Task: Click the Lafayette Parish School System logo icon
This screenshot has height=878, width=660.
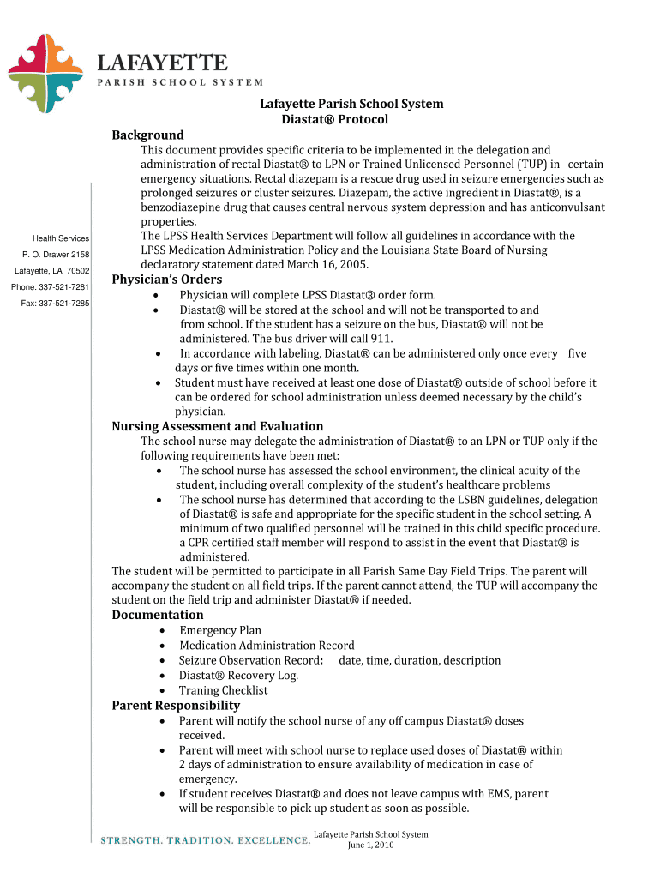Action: [x=45, y=75]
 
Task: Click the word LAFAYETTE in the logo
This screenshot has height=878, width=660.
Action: [x=161, y=63]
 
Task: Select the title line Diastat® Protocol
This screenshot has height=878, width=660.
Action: [x=335, y=119]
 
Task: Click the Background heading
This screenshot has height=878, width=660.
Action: [x=147, y=135]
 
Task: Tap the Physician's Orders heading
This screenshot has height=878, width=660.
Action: [x=166, y=280]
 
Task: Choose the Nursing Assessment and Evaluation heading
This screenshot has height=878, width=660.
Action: [x=218, y=426]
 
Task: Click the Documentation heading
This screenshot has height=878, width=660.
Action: [x=158, y=615]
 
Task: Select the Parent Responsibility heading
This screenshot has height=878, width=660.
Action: [x=176, y=705]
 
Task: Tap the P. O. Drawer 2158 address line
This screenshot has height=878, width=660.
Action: [x=56, y=254]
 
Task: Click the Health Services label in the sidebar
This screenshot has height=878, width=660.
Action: [x=61, y=238]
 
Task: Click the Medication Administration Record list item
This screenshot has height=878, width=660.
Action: [x=267, y=646]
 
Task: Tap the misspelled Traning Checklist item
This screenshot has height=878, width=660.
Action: [x=223, y=690]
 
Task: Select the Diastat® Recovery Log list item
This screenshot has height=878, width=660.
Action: [x=238, y=675]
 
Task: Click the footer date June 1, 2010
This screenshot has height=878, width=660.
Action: [x=370, y=845]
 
